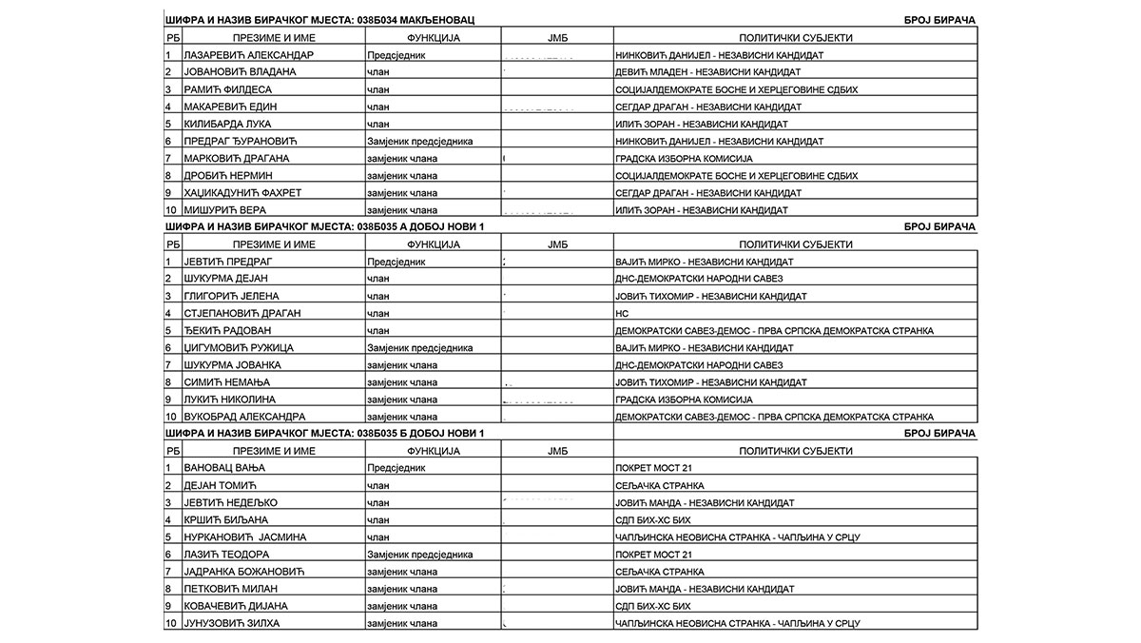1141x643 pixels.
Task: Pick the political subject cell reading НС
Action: (623, 313)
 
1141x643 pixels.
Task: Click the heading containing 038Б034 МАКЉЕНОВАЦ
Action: (321, 20)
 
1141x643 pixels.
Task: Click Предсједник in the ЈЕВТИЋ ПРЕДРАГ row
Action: (397, 262)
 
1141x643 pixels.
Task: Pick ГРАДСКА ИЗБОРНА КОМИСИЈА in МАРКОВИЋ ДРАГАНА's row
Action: (684, 158)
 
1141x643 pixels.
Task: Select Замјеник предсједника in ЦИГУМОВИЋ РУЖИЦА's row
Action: (419, 347)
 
